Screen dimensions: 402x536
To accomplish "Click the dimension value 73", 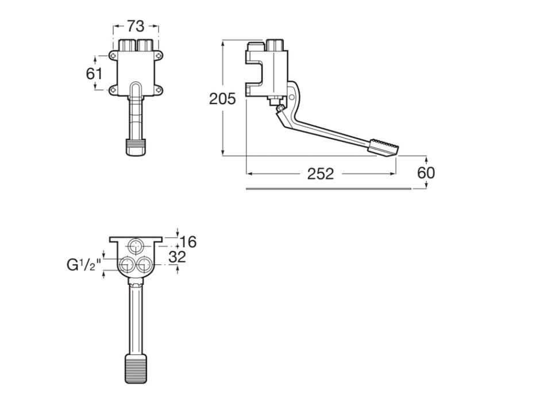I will (136, 26).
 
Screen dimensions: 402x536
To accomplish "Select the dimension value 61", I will (94, 74).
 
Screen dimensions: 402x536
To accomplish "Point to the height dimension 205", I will (222, 99).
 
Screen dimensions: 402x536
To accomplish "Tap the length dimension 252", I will (320, 174).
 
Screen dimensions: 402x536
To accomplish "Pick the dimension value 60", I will (426, 173).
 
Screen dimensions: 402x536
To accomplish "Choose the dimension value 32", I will (178, 257).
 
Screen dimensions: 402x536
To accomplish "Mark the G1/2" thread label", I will (84, 265).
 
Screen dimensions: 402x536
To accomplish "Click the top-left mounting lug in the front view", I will (113, 56).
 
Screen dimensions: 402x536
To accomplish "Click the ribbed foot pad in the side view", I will (383, 145).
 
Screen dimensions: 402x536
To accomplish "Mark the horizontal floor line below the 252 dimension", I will (327, 188).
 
